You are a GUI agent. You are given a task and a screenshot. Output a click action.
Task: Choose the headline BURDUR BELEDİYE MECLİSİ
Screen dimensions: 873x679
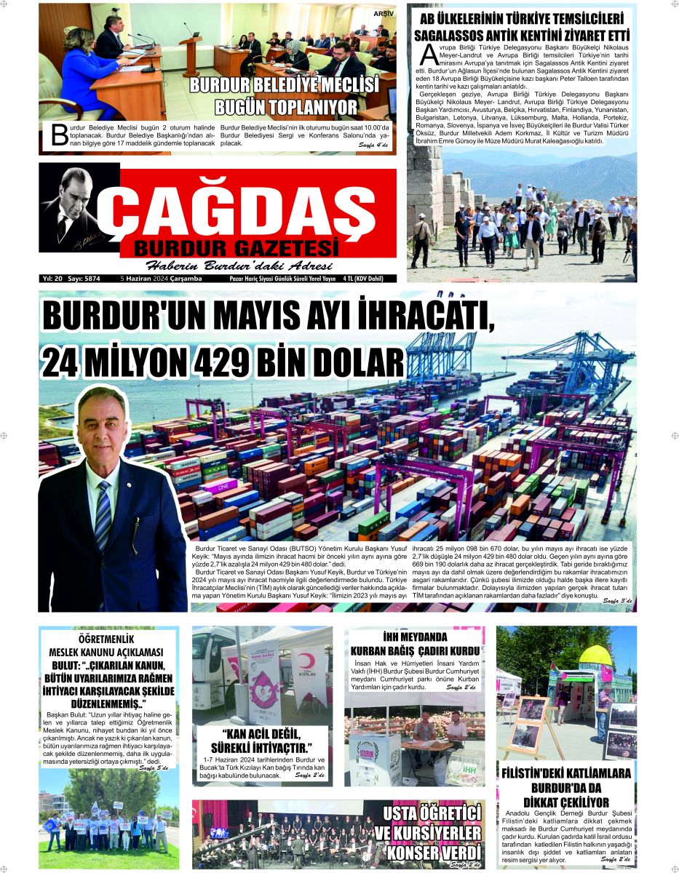tap(285, 86)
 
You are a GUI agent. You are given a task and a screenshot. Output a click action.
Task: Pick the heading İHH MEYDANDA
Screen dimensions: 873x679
tap(413, 636)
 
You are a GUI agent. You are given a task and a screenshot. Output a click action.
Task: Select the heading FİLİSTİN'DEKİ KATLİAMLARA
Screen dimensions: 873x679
tap(566, 773)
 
